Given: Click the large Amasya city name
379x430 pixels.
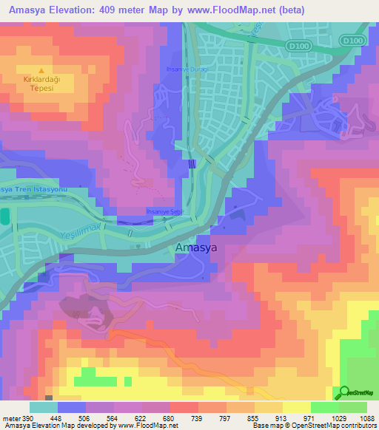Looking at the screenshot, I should tap(195, 248).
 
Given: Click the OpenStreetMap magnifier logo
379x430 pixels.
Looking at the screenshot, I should tap(344, 392).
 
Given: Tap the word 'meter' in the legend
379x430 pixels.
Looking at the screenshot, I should tap(11, 417).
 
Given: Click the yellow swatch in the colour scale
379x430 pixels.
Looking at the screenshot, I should tap(296, 407).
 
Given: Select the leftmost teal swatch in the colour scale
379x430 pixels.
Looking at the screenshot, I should tap(43, 407).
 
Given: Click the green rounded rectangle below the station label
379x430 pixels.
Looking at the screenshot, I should tap(4, 216).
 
